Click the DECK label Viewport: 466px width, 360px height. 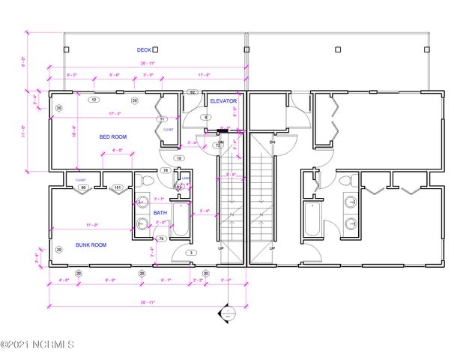point(143,50)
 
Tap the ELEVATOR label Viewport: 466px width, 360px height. point(223,100)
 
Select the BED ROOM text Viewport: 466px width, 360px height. point(115,137)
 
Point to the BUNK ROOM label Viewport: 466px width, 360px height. point(91,244)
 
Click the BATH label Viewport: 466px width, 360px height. point(160,212)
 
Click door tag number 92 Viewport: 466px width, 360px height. point(192,92)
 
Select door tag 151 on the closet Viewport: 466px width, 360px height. point(118,187)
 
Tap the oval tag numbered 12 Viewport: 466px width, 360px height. point(94,99)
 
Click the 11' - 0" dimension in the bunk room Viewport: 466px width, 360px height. point(91,225)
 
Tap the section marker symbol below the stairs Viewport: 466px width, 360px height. point(223,313)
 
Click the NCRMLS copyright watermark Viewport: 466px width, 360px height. point(37,345)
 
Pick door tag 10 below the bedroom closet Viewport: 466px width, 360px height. point(179,158)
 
